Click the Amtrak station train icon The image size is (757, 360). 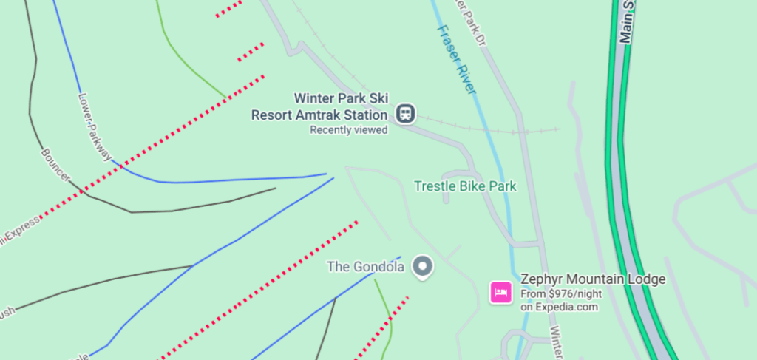pyautogui.click(x=405, y=114)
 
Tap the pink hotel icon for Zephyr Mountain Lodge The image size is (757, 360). pyautogui.click(x=500, y=292)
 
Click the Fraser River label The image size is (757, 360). pyautogui.click(x=455, y=59)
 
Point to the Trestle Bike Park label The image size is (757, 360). pyautogui.click(x=465, y=186)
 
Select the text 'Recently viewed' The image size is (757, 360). pyautogui.click(x=349, y=130)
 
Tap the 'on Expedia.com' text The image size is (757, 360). pyautogui.click(x=559, y=307)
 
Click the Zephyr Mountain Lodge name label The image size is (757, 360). pyautogui.click(x=593, y=279)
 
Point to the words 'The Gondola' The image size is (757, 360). pyautogui.click(x=365, y=267)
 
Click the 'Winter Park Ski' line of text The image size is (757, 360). pyautogui.click(x=342, y=98)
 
